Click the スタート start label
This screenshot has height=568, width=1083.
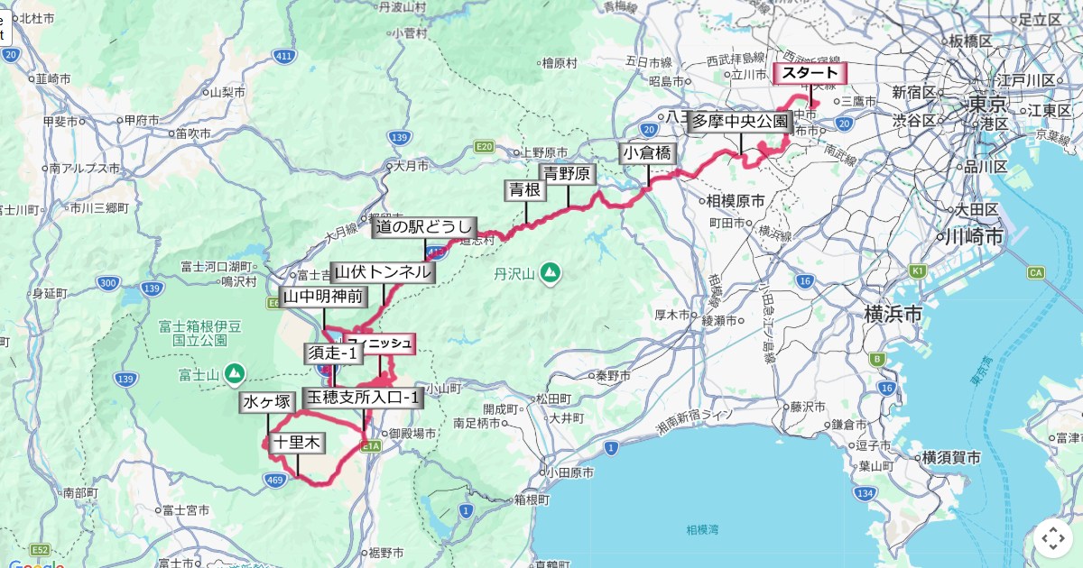coord(810,73)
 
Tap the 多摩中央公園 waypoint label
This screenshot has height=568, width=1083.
coord(740,123)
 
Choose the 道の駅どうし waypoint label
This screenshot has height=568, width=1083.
coord(424,228)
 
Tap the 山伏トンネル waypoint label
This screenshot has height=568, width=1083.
coord(384,272)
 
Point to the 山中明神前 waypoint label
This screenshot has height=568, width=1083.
coord(323,297)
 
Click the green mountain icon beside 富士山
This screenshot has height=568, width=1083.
coord(235,371)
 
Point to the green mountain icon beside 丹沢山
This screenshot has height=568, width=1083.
coord(550,272)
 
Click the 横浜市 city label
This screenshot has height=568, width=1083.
coord(893,315)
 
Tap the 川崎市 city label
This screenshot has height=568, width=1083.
coord(973,237)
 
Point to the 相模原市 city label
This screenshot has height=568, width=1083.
coord(735,200)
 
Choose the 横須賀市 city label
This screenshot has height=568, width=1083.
coord(951,458)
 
